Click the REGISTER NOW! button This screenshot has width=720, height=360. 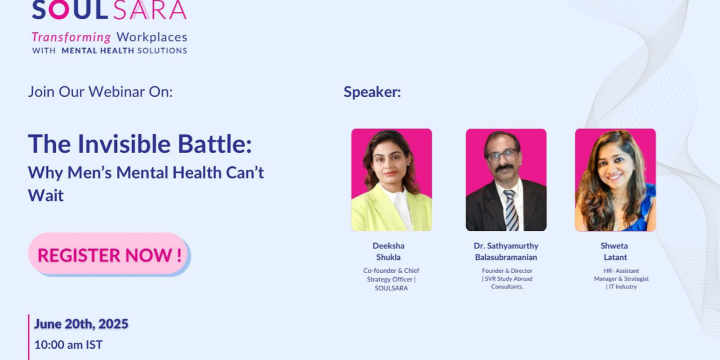click(x=109, y=254)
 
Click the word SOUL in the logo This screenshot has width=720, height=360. click(x=70, y=10)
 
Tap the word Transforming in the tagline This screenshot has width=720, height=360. click(x=71, y=37)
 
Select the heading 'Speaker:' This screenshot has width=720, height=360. click(x=372, y=92)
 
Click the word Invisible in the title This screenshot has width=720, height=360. click(x=124, y=143)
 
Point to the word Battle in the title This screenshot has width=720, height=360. click(x=214, y=143)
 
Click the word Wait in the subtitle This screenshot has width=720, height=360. click(x=46, y=195)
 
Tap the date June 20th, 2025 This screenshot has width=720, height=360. click(x=82, y=324)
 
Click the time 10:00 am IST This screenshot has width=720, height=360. click(x=68, y=345)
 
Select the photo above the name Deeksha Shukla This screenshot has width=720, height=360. click(x=391, y=180)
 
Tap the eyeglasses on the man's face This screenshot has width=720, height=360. click(x=502, y=155)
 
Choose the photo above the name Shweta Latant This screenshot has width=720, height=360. click(x=615, y=180)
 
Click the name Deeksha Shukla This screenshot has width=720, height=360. click(x=388, y=251)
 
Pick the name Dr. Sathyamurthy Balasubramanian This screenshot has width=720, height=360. click(x=506, y=251)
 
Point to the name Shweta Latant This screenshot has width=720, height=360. click(x=614, y=251)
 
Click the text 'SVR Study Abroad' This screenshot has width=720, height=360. click(x=509, y=278)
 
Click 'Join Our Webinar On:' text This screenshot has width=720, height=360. click(x=100, y=92)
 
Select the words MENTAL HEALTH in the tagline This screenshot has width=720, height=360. click(x=98, y=51)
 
